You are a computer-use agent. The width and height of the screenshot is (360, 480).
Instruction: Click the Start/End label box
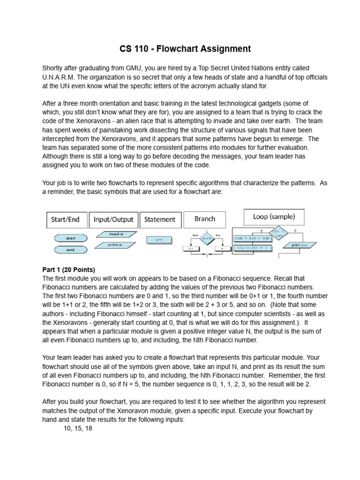(65, 219)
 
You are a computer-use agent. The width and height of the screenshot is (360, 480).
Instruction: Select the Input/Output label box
(113, 219)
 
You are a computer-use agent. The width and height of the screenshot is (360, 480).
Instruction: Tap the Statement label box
(159, 219)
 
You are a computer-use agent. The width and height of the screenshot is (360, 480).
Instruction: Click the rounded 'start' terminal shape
(71, 238)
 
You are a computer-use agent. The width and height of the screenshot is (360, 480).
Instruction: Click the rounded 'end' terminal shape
(71, 250)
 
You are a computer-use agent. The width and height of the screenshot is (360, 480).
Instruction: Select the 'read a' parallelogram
(116, 234)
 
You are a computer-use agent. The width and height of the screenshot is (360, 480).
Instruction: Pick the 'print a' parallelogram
(115, 245)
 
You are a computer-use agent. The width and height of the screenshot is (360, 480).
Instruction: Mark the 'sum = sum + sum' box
(253, 238)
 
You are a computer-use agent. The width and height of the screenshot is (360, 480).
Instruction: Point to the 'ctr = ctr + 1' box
(253, 247)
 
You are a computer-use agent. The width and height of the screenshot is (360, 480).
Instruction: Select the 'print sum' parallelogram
(300, 245)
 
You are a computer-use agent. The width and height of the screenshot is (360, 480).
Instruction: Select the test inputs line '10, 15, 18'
(78, 428)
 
